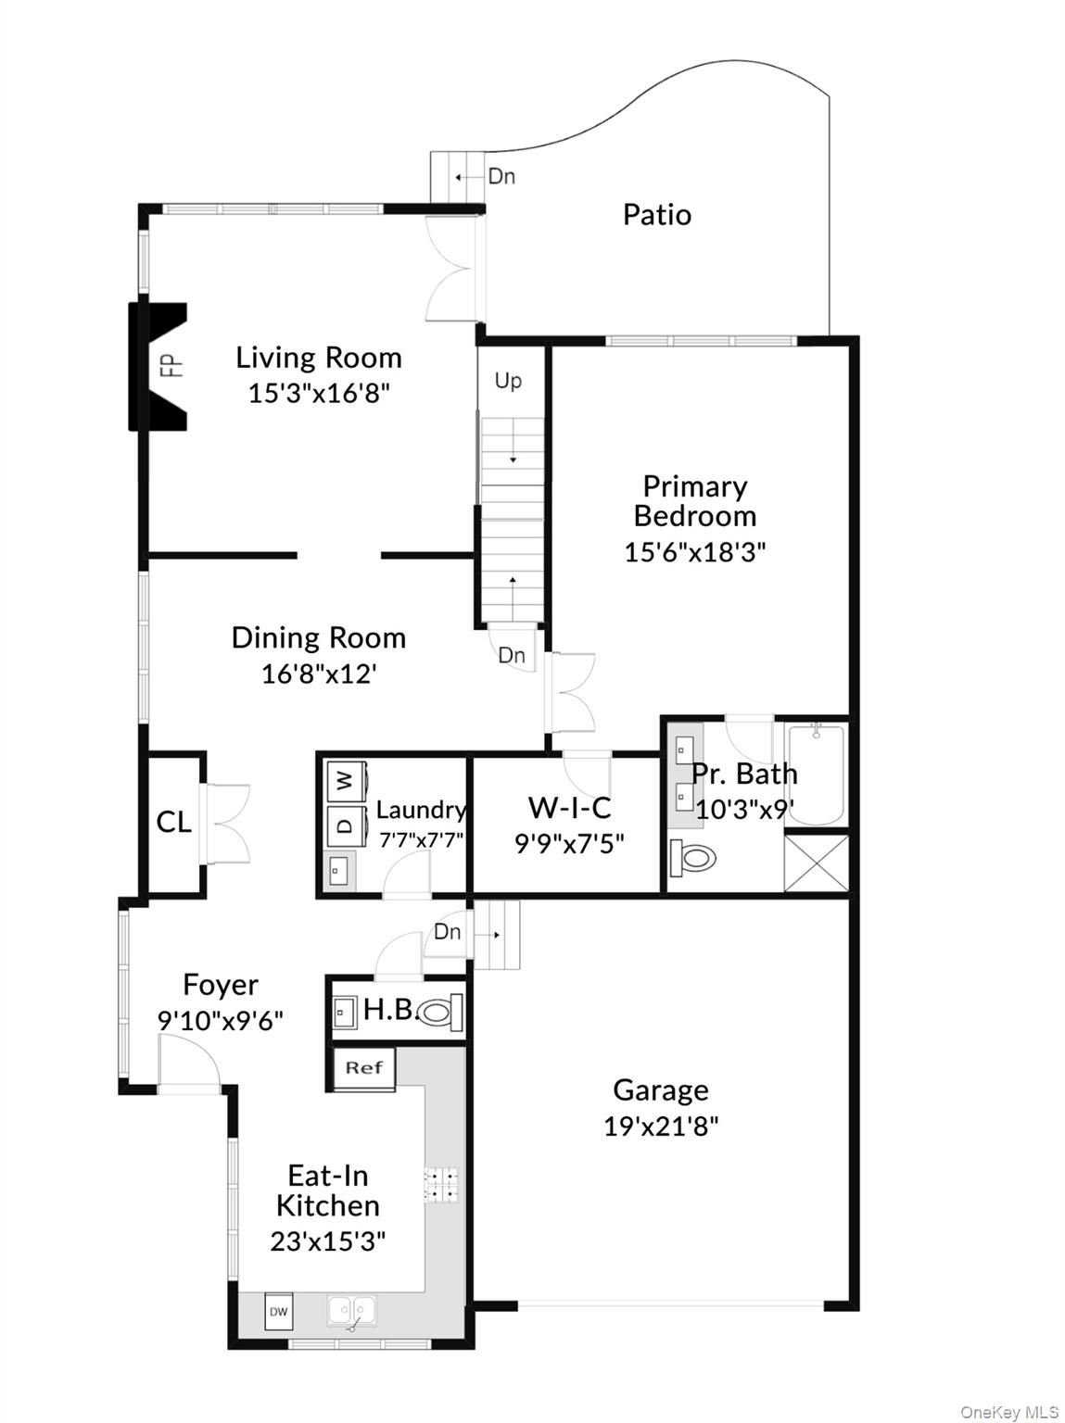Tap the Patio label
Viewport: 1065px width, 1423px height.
656,215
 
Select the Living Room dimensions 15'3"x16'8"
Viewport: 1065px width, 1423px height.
318,393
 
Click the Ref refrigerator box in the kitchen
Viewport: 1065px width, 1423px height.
364,1068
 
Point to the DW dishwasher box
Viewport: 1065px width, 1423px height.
278,1312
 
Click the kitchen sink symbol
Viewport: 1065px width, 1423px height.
351,1312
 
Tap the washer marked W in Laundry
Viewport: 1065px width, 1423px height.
345,781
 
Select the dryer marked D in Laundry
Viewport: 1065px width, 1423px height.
345,824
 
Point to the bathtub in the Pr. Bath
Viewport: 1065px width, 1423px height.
815,775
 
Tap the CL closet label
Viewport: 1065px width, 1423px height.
173,822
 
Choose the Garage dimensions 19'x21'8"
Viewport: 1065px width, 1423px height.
661,1126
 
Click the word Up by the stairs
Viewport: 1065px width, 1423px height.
508,381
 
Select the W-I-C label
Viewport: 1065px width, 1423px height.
569,808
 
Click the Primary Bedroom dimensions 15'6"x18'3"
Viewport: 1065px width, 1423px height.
694,552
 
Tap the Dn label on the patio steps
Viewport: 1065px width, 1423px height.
501,176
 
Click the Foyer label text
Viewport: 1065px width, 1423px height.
221,984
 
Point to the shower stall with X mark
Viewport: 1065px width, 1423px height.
816,863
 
